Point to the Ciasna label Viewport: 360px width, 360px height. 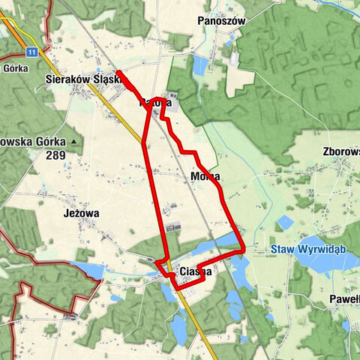coord(196,272)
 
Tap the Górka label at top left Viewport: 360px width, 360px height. coord(14,67)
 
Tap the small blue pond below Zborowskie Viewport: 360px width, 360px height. coord(285,222)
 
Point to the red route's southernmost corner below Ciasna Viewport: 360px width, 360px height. coord(176,288)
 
